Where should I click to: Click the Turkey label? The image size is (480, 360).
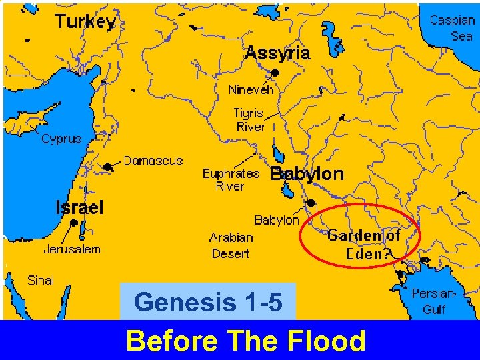[86, 21]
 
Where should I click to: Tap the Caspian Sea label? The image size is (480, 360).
[451, 27]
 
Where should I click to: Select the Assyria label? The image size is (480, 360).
[277, 53]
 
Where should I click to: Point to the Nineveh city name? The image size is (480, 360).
[251, 89]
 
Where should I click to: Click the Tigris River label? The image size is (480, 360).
[249, 120]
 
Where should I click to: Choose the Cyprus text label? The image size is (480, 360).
[61, 139]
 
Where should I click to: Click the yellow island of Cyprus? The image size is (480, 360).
[27, 123]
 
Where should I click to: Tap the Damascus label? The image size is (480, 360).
[153, 161]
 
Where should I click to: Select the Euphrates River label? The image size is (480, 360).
[230, 180]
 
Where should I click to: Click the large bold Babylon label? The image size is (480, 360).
[307, 174]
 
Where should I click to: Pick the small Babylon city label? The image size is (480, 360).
[276, 220]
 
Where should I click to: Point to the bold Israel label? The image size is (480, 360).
[79, 207]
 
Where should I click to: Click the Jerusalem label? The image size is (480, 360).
[72, 249]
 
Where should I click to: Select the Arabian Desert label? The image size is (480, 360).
[231, 245]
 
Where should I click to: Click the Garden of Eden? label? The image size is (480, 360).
[363, 244]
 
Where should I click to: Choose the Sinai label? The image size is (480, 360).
[41, 280]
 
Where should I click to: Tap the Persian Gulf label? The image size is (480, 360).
[434, 301]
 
